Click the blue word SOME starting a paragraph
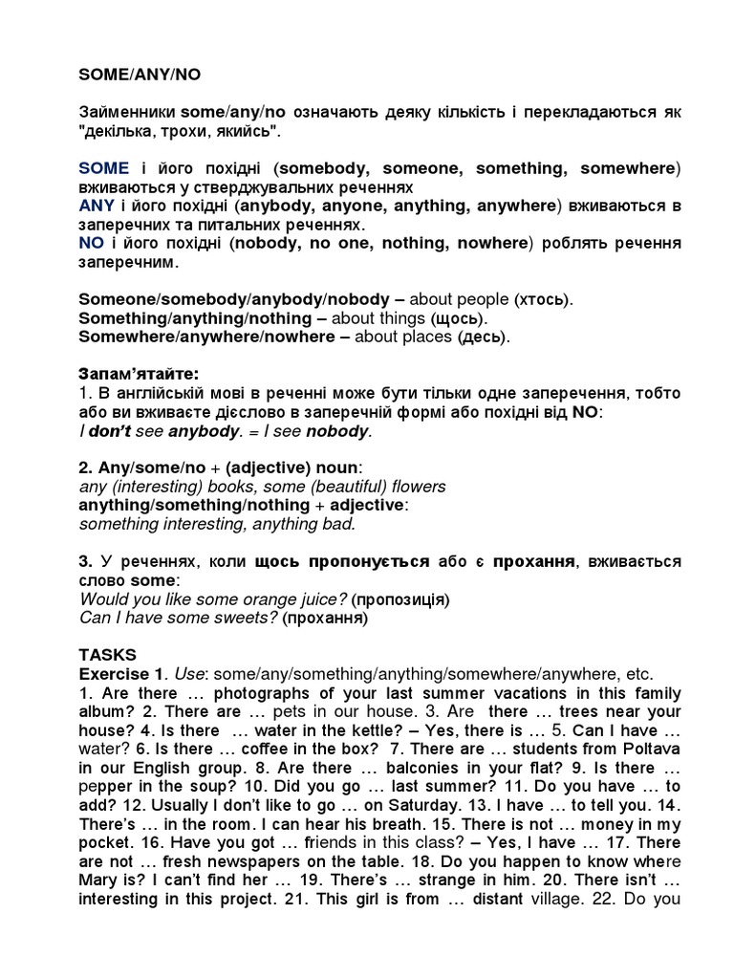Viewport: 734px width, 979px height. point(103,168)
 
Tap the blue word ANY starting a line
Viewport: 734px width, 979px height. point(97,206)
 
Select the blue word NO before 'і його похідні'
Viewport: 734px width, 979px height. point(91,243)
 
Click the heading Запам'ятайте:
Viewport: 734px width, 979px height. point(145,373)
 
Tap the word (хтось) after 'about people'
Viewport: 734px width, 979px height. point(543,299)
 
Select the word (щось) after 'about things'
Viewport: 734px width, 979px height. point(458,318)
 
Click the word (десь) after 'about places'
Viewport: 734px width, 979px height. point(485,337)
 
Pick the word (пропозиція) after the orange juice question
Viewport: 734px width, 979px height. point(399,599)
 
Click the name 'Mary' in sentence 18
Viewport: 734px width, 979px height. point(101,880)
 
